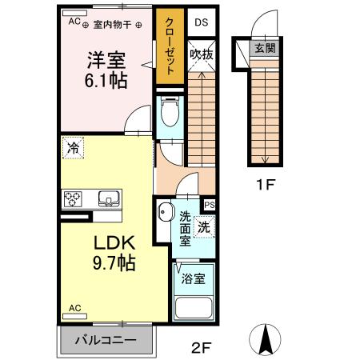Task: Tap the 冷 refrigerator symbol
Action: pos(74,147)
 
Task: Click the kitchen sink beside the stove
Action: pos(106,199)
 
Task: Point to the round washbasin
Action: pos(165,213)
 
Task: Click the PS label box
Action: pos(210,206)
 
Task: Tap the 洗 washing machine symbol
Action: pos(203,227)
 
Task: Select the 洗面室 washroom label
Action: pos(185,228)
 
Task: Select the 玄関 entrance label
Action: pos(265,48)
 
